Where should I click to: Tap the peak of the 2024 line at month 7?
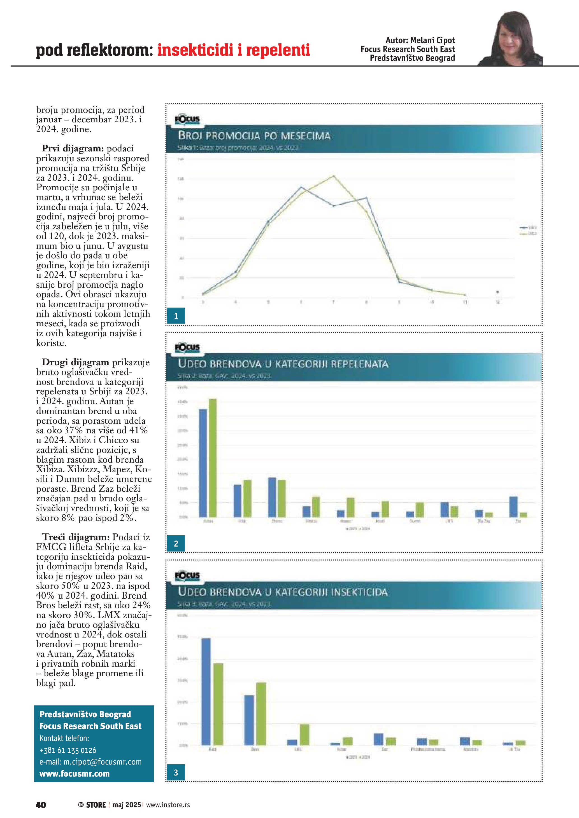point(334,176)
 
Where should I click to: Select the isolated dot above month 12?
point(497,292)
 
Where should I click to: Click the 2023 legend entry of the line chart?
point(528,227)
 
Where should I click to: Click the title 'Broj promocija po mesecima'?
point(254,136)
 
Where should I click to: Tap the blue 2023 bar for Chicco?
point(272,497)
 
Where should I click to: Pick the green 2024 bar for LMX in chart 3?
point(305,735)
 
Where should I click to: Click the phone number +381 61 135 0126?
point(68,750)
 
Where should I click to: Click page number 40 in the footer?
point(41,805)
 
